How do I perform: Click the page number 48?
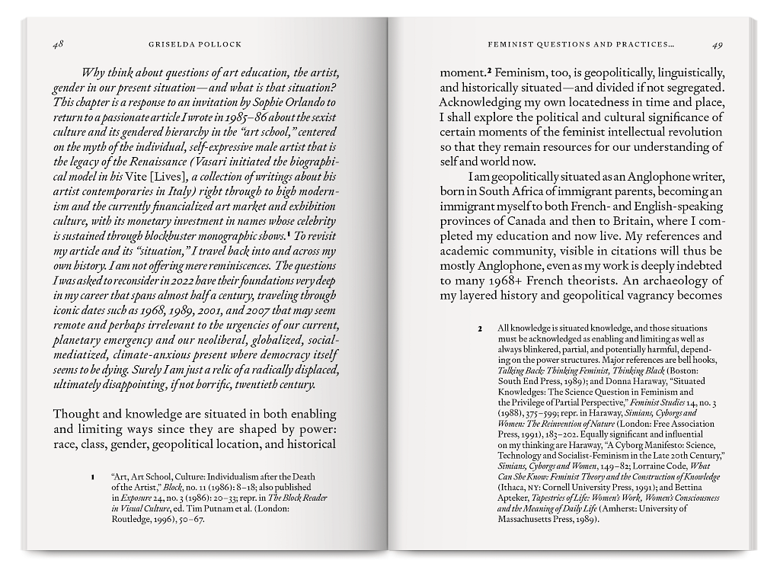(58, 45)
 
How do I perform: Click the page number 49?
(717, 45)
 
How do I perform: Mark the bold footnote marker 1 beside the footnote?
(93, 477)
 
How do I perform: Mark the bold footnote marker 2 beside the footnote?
(480, 328)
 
